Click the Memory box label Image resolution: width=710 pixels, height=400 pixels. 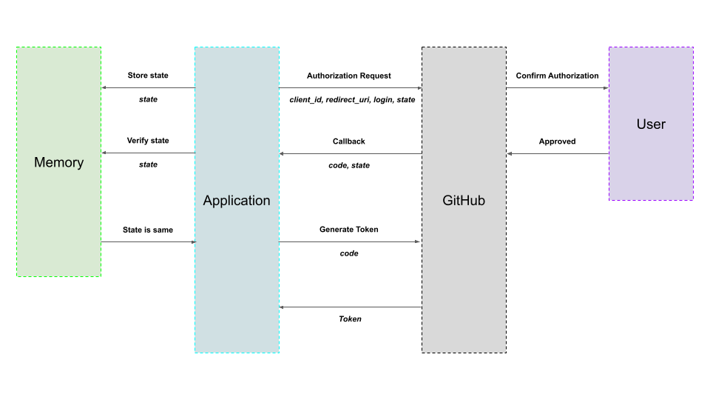point(58,162)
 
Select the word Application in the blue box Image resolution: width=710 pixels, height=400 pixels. point(237,201)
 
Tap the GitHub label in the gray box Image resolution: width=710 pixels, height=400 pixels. point(464,201)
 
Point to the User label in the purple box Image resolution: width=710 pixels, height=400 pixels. point(651,124)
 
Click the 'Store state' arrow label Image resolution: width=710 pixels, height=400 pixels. point(148,76)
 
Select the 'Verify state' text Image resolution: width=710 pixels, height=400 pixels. point(148,141)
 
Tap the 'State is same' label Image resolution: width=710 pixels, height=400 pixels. point(148,230)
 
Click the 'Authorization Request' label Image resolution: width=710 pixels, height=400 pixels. point(349,76)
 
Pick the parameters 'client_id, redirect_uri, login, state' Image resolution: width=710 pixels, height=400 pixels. point(352,99)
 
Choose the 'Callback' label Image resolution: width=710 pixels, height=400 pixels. point(349,141)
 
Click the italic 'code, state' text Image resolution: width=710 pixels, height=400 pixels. point(349,165)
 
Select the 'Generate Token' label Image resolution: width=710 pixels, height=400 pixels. point(349,230)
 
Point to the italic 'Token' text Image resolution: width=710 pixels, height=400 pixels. point(350,319)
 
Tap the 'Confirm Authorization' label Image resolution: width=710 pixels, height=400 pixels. point(557,76)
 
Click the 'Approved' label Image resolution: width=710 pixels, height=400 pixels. point(557,141)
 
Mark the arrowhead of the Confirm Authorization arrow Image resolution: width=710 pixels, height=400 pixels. point(605,88)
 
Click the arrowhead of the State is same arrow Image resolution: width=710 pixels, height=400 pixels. point(192,242)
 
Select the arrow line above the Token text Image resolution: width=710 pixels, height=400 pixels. point(351,307)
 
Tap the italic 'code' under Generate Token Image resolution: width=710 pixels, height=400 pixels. point(349,253)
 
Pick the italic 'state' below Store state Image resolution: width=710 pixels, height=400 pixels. point(148,99)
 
